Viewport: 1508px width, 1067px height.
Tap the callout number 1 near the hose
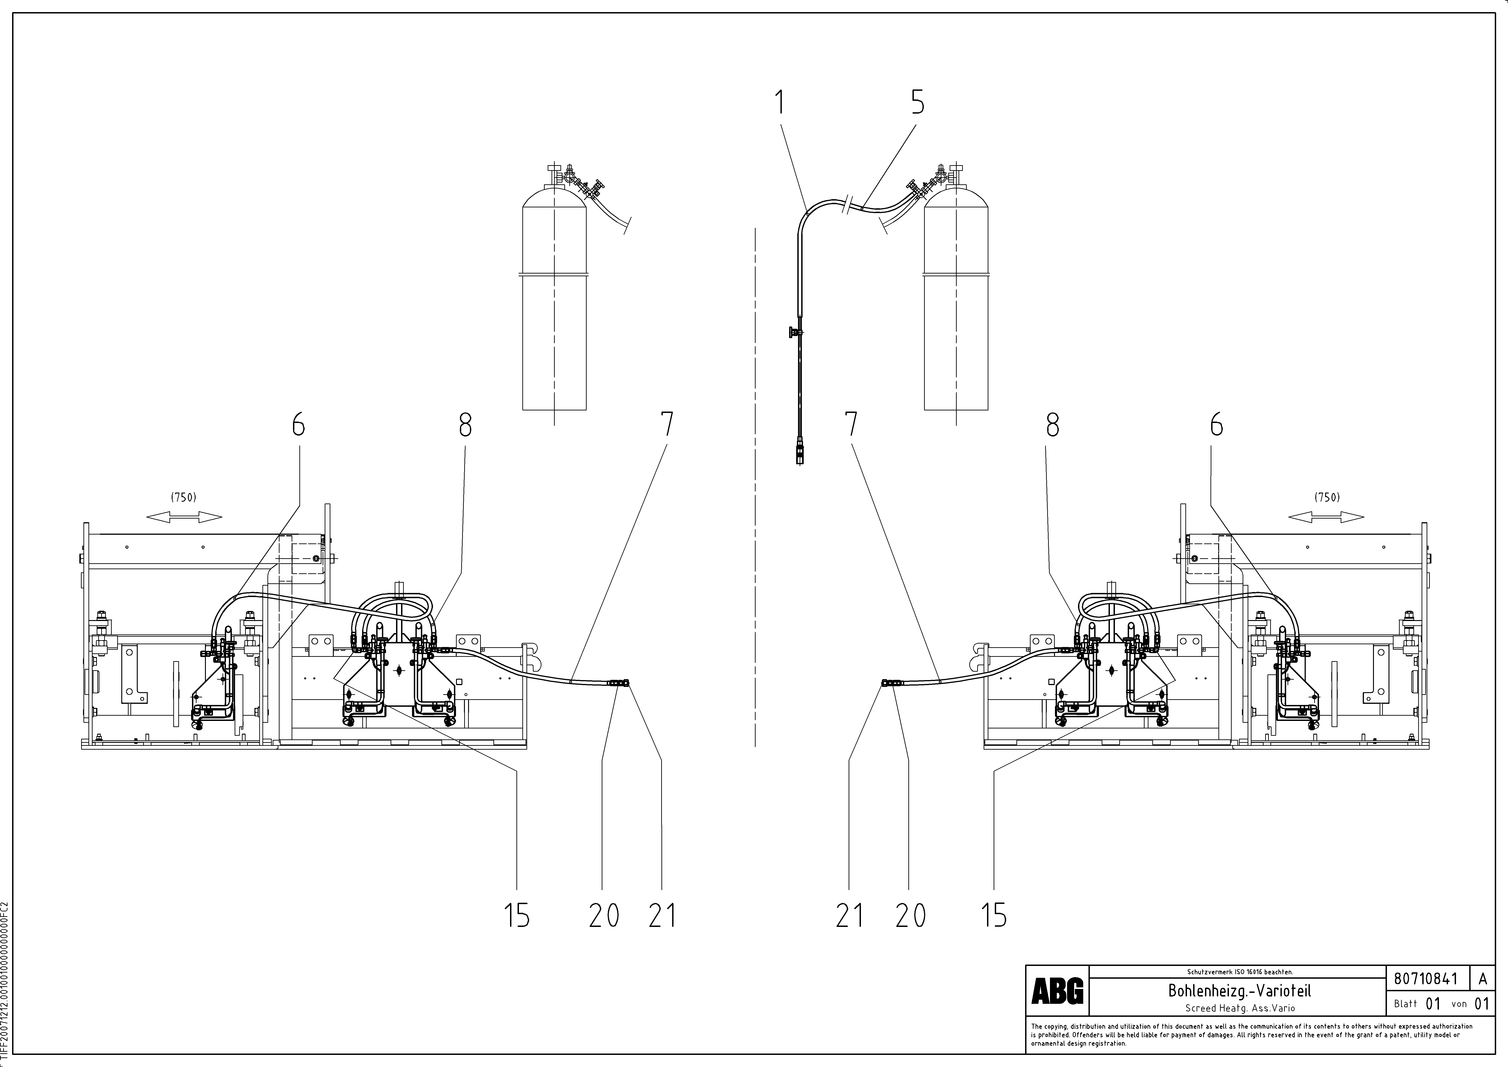(x=780, y=103)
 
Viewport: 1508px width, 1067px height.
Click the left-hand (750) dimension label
(x=184, y=497)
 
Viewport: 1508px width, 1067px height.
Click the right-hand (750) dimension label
(x=1327, y=497)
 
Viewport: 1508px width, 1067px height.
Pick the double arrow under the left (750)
(x=184, y=518)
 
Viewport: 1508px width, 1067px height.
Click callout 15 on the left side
(x=517, y=915)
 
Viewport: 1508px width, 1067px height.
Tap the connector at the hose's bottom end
(x=799, y=453)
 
